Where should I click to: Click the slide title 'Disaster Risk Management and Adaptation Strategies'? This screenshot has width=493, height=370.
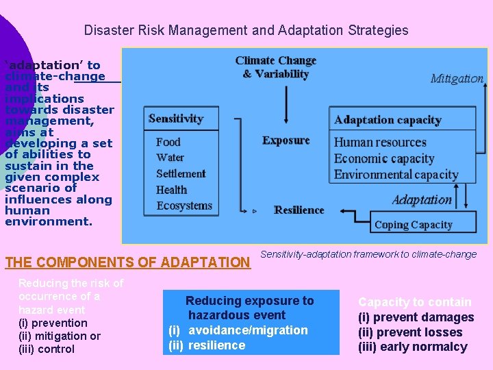point(246,31)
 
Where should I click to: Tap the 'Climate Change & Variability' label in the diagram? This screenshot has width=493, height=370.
point(275,67)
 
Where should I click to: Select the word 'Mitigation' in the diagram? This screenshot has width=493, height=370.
point(457,79)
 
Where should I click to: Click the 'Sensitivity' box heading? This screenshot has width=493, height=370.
point(176,119)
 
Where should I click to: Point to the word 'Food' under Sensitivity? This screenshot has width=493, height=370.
point(168,142)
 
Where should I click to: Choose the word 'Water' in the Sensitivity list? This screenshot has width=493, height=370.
point(170,158)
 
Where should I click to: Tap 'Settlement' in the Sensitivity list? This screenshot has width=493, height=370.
point(181,173)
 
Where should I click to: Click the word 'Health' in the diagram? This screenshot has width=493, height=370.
point(171,190)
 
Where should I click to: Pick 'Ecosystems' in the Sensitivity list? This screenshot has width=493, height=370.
point(184,206)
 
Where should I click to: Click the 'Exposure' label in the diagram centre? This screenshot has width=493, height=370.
point(286,140)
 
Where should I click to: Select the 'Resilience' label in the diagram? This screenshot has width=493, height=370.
point(299,210)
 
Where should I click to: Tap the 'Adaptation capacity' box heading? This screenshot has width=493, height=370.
point(388,121)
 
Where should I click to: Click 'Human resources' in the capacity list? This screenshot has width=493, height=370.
point(380,143)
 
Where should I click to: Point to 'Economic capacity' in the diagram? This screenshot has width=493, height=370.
point(384,158)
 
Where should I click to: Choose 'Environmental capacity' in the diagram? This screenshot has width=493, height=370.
point(396,174)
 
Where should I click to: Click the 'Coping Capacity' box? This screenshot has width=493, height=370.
point(414,225)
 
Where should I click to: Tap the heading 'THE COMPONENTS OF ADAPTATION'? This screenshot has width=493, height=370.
point(127,262)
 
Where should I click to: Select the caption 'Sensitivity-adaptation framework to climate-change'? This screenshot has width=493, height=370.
point(368,254)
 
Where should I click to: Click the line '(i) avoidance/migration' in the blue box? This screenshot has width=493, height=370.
point(238,330)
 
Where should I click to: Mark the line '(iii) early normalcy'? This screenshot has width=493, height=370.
point(412,347)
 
